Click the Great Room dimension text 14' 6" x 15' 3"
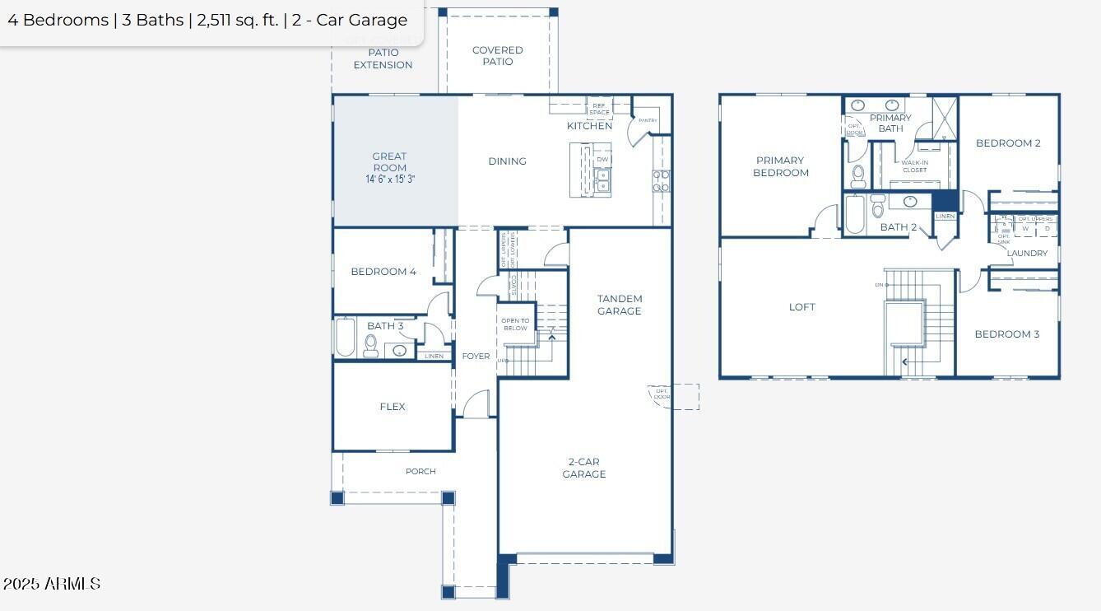click(390, 179)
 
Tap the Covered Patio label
click(497, 56)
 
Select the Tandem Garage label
click(619, 305)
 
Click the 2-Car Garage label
click(583, 468)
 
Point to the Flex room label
click(393, 407)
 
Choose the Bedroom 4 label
click(383, 272)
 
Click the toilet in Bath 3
click(371, 346)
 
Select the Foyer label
click(476, 357)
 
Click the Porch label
click(420, 472)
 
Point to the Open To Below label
click(515, 324)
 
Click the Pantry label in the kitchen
click(648, 121)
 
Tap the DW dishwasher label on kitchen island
click(602, 160)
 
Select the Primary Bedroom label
click(780, 166)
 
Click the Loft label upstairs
click(802, 307)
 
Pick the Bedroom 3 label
click(1006, 334)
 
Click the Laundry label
click(1027, 254)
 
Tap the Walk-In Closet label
click(914, 166)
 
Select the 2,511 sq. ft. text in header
click(238, 21)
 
